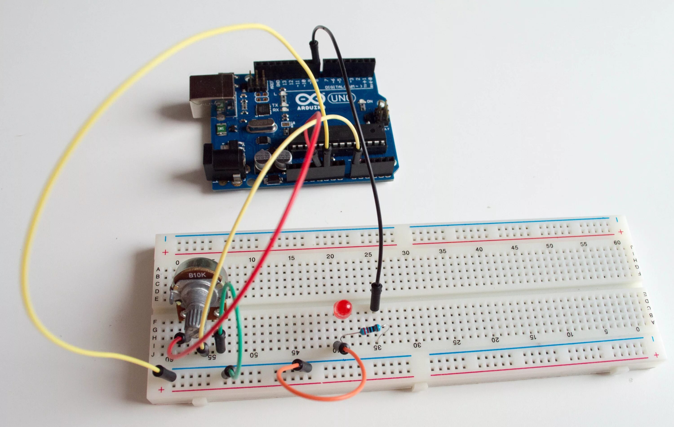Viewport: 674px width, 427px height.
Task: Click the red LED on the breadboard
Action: [343, 309]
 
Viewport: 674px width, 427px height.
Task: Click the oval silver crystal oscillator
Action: [261, 126]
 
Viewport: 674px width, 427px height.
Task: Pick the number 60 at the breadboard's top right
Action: [617, 242]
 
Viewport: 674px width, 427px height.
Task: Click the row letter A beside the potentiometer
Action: [158, 269]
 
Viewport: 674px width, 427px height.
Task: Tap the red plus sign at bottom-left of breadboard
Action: [161, 390]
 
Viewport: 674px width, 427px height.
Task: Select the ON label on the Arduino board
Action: [370, 101]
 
